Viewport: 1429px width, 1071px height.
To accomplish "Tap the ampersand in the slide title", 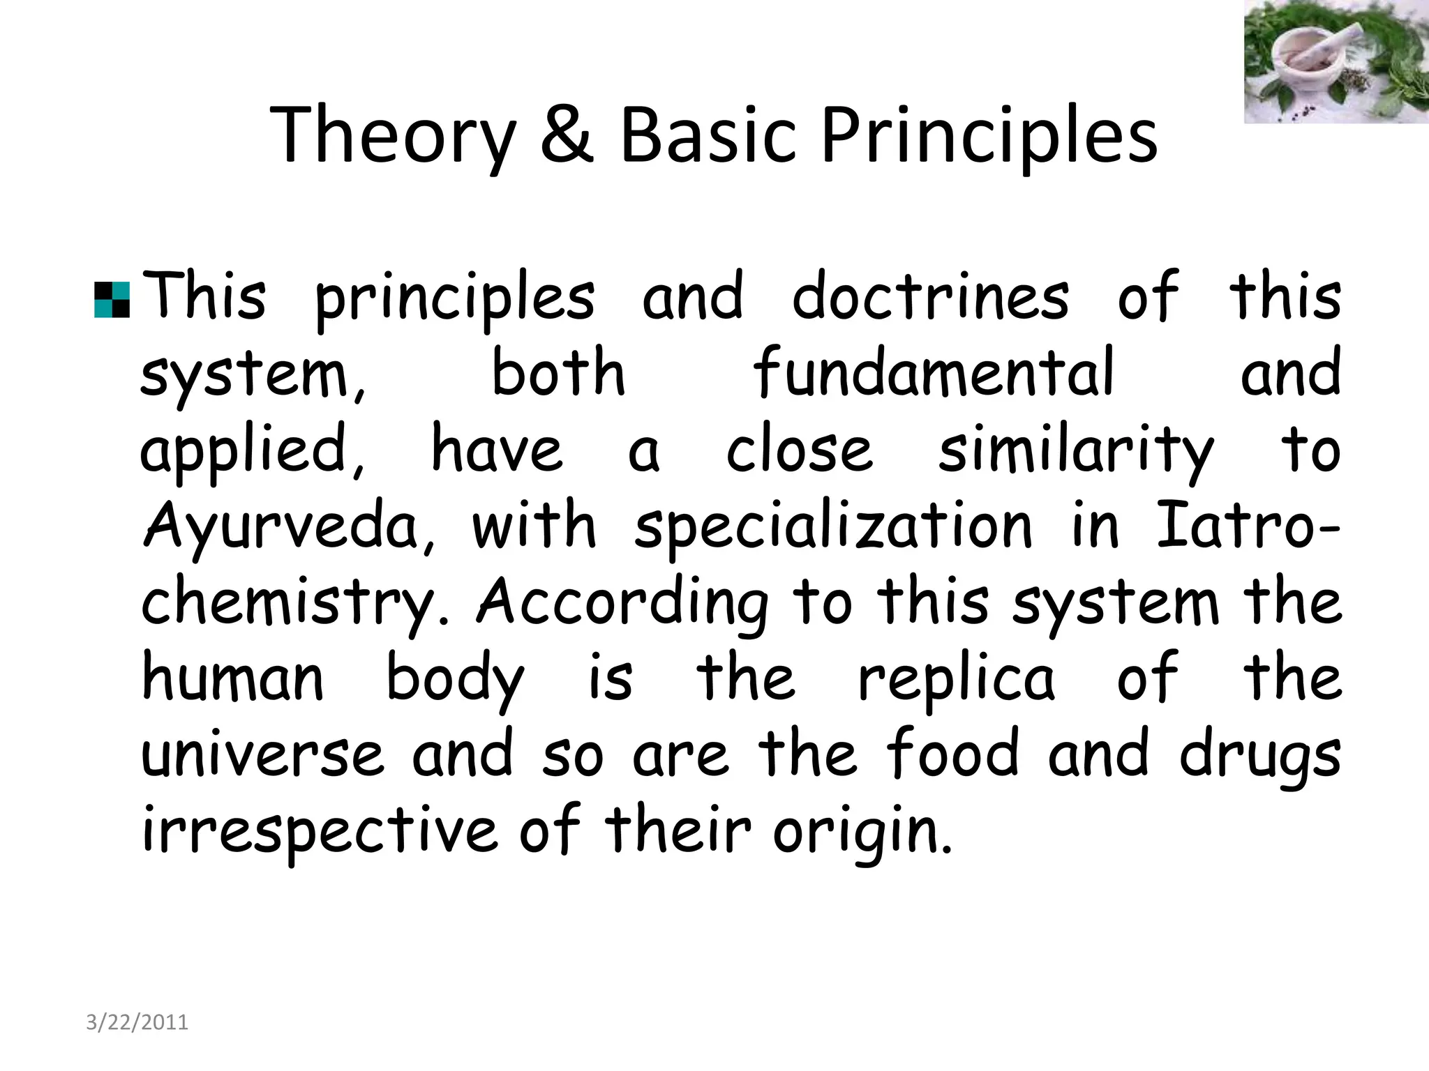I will click(x=567, y=135).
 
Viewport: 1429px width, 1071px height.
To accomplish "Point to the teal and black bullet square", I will click(x=112, y=300).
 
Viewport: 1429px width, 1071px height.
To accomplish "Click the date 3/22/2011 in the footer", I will click(x=137, y=1022).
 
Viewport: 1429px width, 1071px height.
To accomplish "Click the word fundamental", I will click(x=934, y=373).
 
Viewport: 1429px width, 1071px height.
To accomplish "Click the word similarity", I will click(x=1075, y=450).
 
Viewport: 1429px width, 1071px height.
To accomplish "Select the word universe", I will click(x=262, y=755).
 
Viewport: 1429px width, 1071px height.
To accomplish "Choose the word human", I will click(x=232, y=678).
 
